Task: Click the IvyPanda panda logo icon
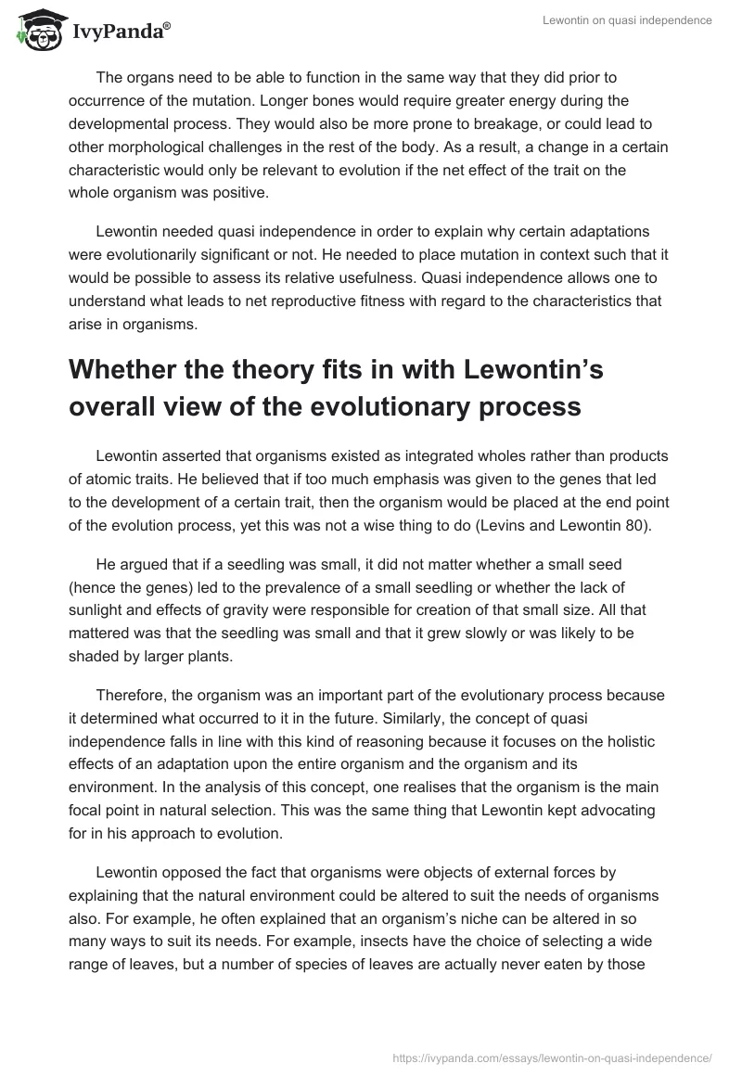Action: point(37,31)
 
